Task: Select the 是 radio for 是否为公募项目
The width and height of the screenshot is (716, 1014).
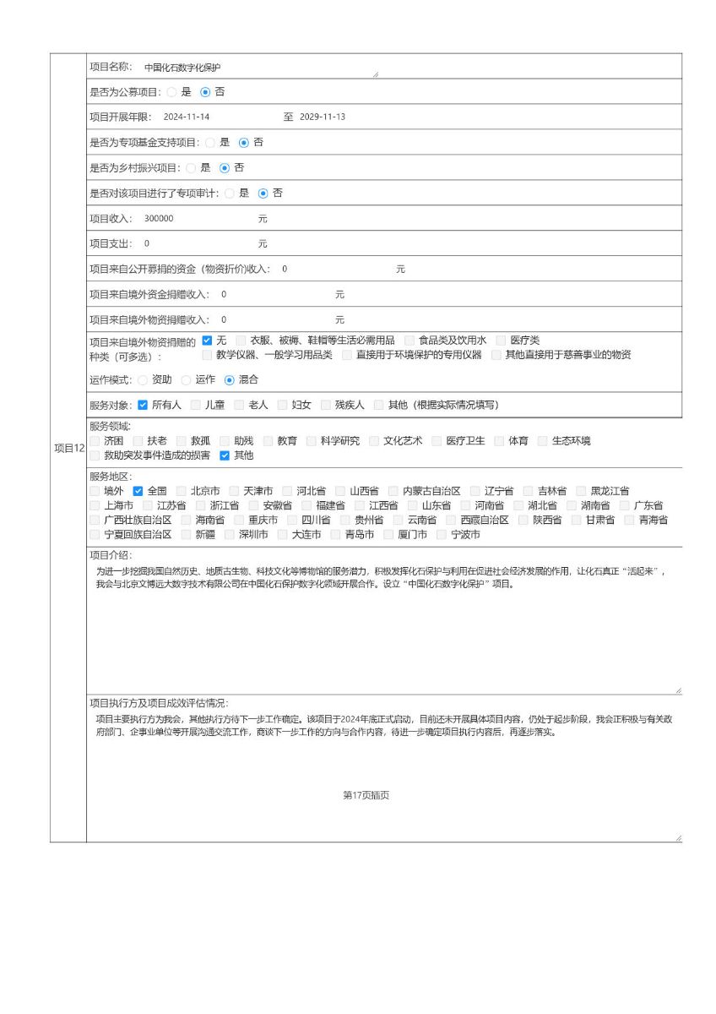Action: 171,92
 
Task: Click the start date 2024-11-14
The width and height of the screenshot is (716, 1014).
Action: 187,117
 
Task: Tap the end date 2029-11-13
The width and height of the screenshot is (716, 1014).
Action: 323,117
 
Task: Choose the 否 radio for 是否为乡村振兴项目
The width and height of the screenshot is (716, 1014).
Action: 225,168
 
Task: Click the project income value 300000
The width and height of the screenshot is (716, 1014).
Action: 159,219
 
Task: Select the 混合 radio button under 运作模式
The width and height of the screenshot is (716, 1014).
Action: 229,380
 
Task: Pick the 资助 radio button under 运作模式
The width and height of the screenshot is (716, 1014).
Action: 142,380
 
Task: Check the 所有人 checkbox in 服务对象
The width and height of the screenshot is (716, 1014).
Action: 143,405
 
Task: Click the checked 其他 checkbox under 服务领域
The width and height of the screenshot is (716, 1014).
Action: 225,455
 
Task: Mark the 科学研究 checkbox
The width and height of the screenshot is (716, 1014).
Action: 312,441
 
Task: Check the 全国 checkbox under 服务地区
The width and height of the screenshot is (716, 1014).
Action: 138,491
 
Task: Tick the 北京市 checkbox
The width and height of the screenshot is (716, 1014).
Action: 182,491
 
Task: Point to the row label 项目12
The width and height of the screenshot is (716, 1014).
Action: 68,448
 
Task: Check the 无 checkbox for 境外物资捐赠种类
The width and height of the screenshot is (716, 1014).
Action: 208,341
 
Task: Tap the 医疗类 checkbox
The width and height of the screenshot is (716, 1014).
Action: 502,341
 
